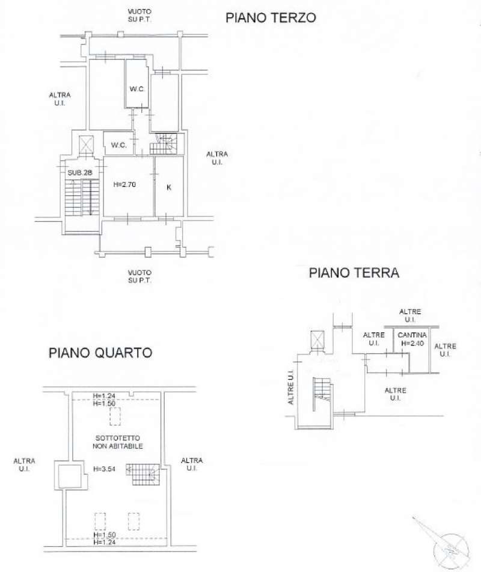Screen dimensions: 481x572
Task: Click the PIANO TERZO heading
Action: click(x=271, y=18)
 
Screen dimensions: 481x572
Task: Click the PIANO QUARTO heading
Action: click(x=100, y=353)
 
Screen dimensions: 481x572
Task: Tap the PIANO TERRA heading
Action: click(x=354, y=273)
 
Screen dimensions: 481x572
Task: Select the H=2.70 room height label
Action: click(x=124, y=184)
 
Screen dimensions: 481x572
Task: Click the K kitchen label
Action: click(x=168, y=187)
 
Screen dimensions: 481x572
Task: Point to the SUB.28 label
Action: click(x=80, y=172)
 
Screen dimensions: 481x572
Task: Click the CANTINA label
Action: click(x=412, y=335)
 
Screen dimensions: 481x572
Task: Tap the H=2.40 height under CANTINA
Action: click(x=412, y=343)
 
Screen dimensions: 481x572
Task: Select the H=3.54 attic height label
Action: click(x=105, y=469)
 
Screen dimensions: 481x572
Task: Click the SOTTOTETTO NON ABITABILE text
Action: click(x=117, y=442)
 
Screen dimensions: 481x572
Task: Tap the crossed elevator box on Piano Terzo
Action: click(x=86, y=144)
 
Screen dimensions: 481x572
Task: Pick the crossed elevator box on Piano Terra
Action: click(x=317, y=339)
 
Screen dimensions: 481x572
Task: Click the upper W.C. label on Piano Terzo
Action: click(x=137, y=89)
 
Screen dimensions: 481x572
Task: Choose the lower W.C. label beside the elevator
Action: click(x=119, y=145)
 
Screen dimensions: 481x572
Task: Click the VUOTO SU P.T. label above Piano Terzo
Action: click(x=139, y=16)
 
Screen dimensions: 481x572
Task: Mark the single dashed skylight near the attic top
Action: click(x=115, y=416)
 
